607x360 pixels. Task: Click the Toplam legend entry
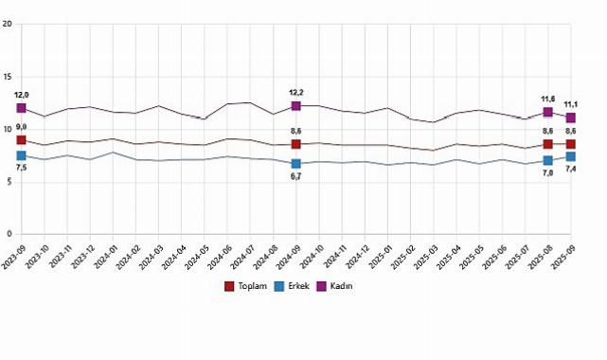coord(241,285)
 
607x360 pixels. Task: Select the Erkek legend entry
coord(291,285)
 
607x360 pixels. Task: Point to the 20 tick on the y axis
coord(8,24)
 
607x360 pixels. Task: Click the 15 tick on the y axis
coord(8,77)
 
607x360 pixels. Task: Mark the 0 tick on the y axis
coord(9,234)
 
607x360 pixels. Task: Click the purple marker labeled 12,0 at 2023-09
coord(21,108)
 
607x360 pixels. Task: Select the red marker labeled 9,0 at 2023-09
coord(21,140)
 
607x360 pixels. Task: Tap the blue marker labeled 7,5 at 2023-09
coord(21,155)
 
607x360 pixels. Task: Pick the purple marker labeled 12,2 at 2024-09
coord(296,106)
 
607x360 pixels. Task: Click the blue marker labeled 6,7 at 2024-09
coord(296,164)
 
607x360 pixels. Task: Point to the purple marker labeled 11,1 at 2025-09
coord(571,117)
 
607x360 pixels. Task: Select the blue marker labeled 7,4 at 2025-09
coord(571,156)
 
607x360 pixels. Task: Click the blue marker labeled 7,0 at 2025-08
coord(548,161)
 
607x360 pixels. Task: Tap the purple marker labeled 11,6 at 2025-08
coord(548,113)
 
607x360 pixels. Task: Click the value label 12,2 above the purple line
coord(296,92)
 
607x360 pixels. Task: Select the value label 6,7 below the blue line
coord(296,177)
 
